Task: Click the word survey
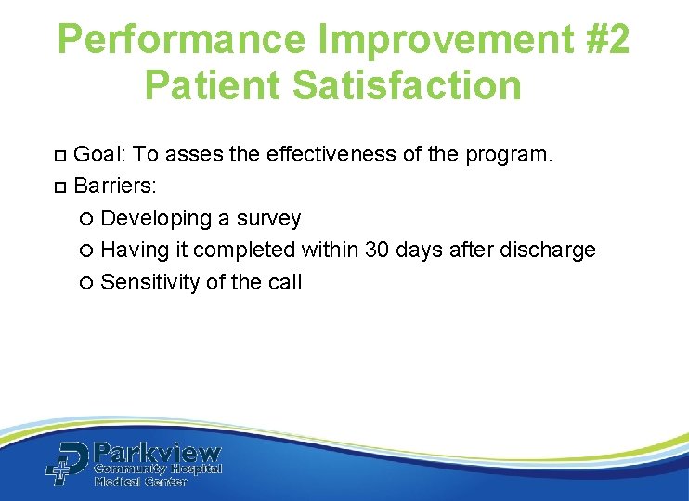[269, 218]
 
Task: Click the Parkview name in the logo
[158, 454]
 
